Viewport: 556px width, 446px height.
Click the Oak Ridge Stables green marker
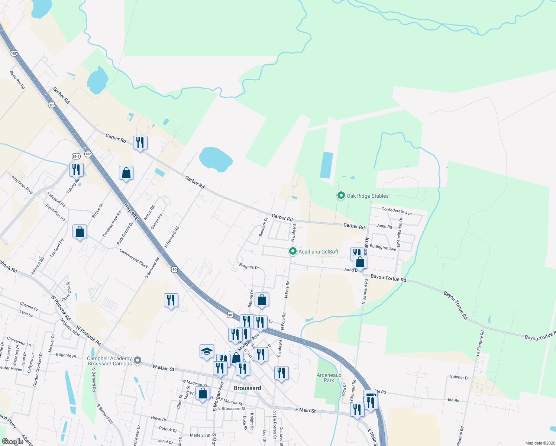tap(341, 195)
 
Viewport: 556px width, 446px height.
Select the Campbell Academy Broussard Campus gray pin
tap(138, 360)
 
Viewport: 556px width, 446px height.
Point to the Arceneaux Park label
tap(329, 378)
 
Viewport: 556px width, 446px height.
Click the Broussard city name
tap(247, 388)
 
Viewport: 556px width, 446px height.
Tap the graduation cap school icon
tap(207, 352)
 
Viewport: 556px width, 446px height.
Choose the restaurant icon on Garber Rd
tap(140, 143)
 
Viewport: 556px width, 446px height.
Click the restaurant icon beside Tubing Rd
tap(76, 170)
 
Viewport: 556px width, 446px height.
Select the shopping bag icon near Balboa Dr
tap(262, 300)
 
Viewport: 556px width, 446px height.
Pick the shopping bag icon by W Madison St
tap(203, 394)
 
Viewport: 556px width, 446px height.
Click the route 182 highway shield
tap(88, 154)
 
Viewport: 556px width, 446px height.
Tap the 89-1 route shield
tap(76, 156)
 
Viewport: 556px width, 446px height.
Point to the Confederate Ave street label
tap(397, 211)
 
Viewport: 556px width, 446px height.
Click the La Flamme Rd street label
tap(480, 343)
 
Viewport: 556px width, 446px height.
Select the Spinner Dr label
tap(459, 377)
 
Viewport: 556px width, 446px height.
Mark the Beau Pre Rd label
tap(17, 80)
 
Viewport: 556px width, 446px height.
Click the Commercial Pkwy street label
tap(133, 258)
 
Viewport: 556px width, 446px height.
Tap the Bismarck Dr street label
tap(263, 227)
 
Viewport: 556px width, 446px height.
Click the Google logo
tap(12, 442)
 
